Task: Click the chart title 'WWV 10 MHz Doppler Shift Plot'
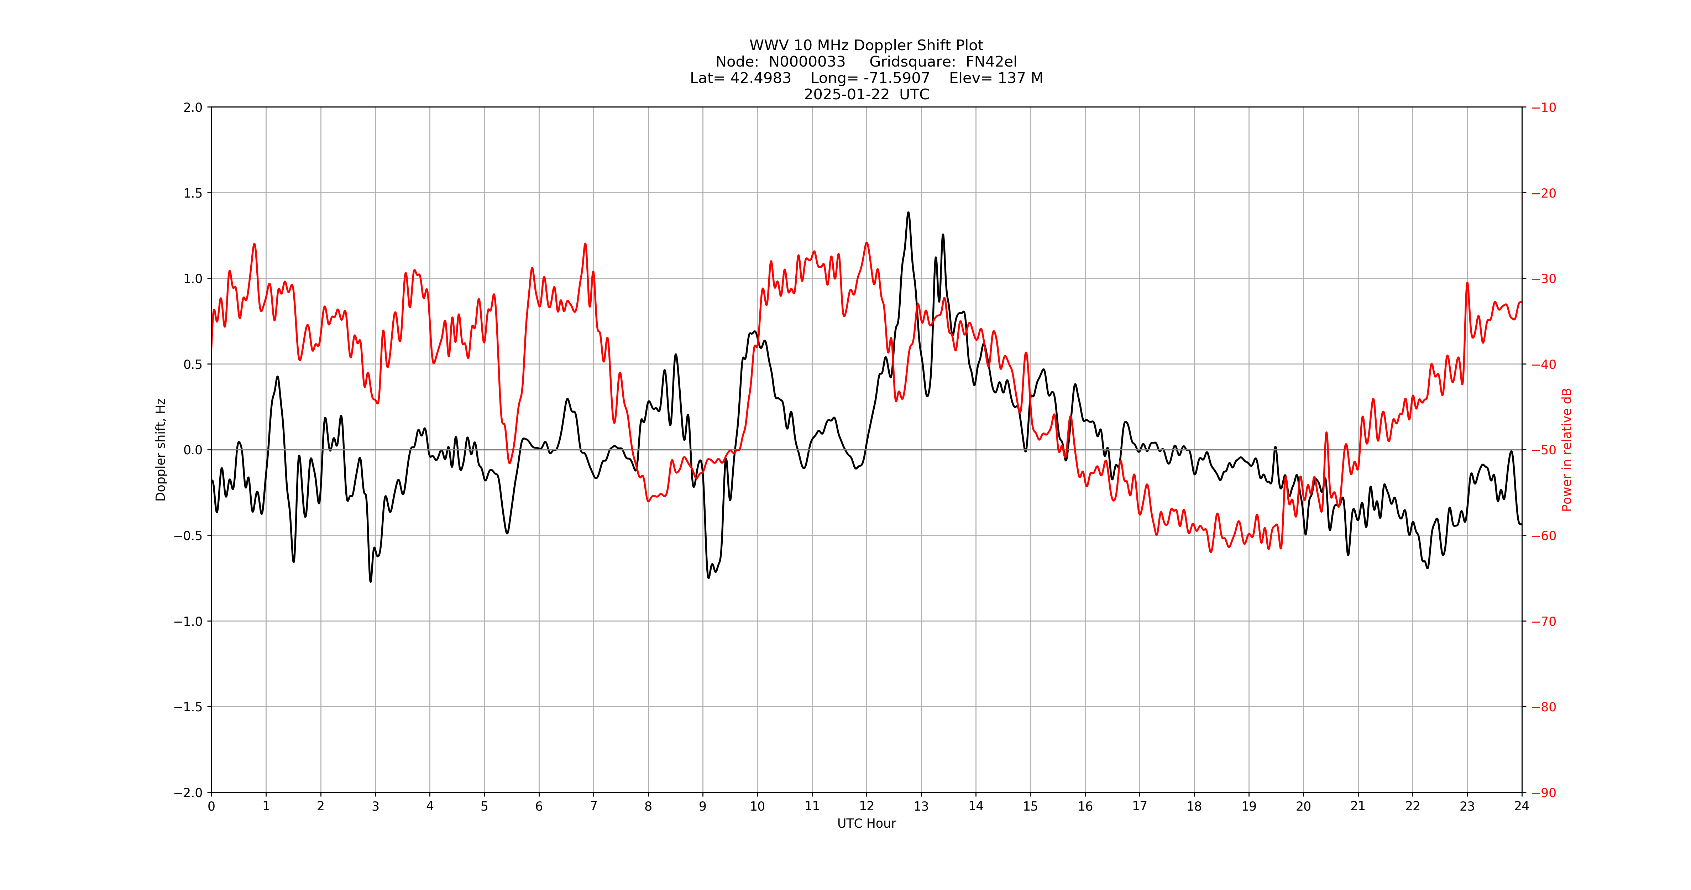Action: click(866, 45)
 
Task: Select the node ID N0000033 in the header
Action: click(807, 62)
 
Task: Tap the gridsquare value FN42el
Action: click(991, 62)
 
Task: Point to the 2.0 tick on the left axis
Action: click(193, 108)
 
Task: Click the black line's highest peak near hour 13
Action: click(909, 213)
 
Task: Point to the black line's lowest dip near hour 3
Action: click(370, 581)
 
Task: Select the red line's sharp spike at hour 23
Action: click(1467, 283)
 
